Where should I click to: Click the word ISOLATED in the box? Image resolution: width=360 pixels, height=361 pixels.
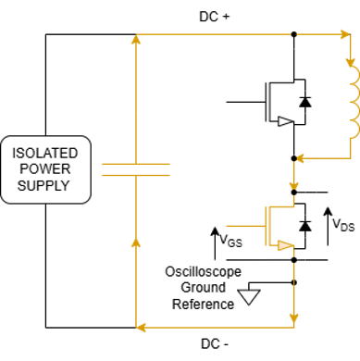(x=45, y=152)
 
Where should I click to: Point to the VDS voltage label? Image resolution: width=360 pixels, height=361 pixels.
(x=342, y=225)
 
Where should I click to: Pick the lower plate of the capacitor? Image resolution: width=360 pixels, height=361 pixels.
(x=136, y=174)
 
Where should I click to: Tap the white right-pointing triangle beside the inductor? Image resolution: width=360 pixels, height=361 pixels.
(x=284, y=121)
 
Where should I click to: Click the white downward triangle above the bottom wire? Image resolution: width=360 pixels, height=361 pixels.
(x=248, y=297)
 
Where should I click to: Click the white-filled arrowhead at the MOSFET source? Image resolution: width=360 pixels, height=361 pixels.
(x=285, y=245)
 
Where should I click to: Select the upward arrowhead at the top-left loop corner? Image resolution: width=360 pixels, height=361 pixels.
(x=136, y=39)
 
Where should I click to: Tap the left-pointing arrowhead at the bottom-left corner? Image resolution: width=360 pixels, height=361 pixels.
(x=140, y=326)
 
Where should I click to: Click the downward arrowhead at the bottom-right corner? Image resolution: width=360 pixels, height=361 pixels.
(x=293, y=321)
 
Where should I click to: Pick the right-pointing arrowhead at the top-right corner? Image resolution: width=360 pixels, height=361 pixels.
(x=346, y=36)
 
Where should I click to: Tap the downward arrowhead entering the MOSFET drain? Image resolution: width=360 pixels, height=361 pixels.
(x=293, y=196)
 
